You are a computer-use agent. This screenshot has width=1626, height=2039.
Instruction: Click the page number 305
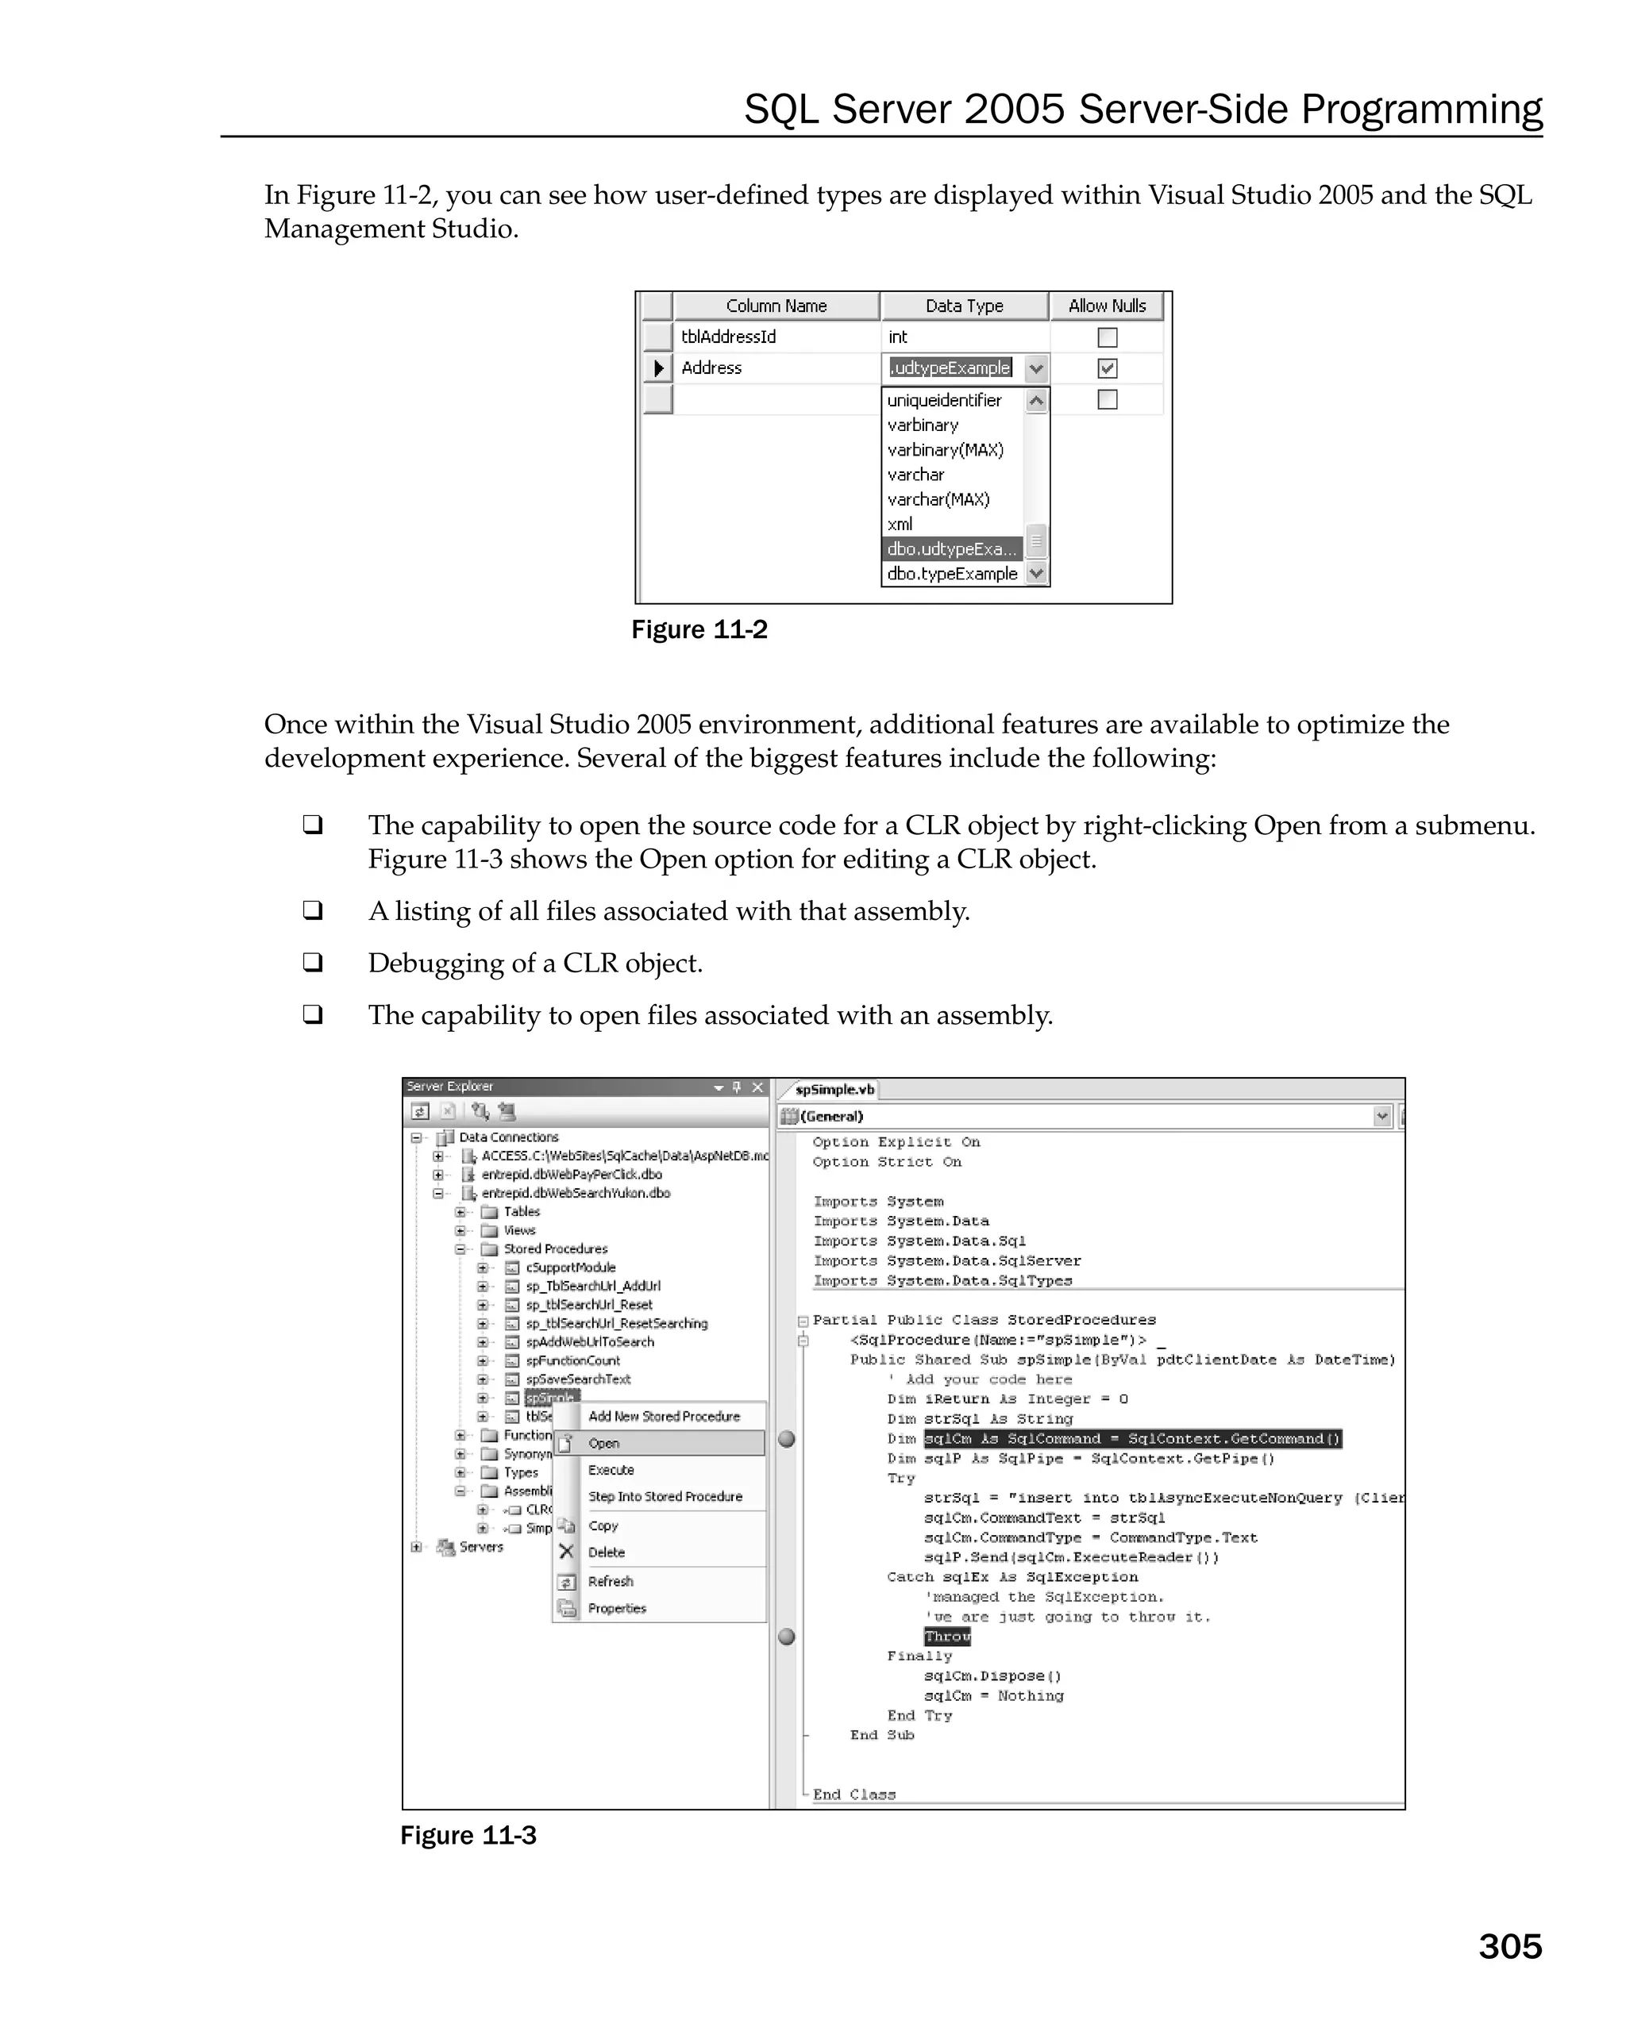[1508, 1946]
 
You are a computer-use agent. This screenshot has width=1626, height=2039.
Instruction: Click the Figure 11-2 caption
[699, 630]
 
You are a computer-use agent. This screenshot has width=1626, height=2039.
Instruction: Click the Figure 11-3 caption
[468, 1835]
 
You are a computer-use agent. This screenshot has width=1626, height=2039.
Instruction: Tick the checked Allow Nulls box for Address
[1107, 368]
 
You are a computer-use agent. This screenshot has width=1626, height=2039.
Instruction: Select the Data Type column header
[963, 306]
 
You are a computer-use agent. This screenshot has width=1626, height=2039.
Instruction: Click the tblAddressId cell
[728, 337]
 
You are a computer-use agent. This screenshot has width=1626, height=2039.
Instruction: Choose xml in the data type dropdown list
[900, 524]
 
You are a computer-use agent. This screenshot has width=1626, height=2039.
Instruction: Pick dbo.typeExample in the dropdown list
[952, 573]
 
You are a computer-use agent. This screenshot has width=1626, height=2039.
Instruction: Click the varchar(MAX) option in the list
[938, 499]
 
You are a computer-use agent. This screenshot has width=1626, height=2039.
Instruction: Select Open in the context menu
[603, 1443]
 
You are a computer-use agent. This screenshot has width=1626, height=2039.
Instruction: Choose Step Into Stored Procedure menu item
[665, 1496]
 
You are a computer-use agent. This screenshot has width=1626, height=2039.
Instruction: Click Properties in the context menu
[617, 1608]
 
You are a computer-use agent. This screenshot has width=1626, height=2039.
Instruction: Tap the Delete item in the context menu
[607, 1552]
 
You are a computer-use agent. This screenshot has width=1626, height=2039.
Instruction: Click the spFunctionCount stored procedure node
[572, 1360]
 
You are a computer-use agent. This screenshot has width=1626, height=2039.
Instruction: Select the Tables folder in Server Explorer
[521, 1211]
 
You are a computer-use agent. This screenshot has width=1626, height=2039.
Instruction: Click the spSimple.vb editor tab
[834, 1090]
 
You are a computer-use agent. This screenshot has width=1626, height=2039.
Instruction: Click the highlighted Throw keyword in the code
[947, 1636]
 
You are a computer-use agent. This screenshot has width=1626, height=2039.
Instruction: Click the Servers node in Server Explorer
[480, 1547]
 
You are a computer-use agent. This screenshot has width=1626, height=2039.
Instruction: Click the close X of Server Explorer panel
[757, 1087]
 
